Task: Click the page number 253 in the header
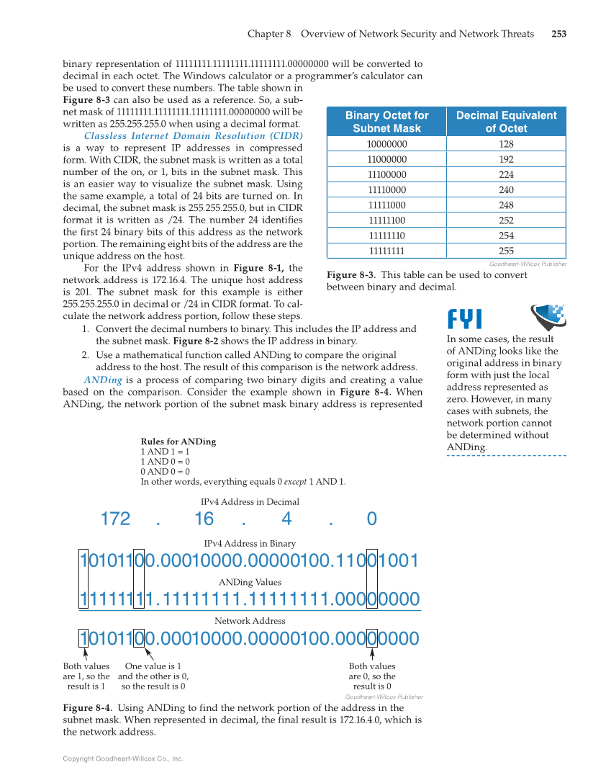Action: (x=558, y=34)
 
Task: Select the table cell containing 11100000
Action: (x=386, y=174)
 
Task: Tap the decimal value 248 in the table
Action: (x=506, y=205)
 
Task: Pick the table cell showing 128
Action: (x=506, y=144)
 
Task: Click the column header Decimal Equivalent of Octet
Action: (x=506, y=122)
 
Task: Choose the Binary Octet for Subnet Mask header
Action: (x=386, y=122)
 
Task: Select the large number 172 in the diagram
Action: (x=115, y=519)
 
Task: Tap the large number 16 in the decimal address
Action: (x=204, y=519)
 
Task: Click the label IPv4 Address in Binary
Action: (x=250, y=543)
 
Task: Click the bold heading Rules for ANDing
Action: (x=178, y=442)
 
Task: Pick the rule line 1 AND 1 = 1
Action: (x=165, y=452)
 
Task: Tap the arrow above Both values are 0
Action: (x=372, y=654)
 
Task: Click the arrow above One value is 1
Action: (x=149, y=654)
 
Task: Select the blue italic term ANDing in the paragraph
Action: (x=101, y=380)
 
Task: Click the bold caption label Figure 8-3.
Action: (x=350, y=275)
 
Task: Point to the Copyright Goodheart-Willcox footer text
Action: (x=123, y=759)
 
